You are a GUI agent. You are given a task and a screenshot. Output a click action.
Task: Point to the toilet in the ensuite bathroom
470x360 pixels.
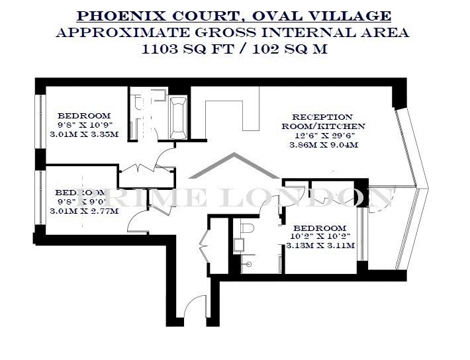[x=248, y=228]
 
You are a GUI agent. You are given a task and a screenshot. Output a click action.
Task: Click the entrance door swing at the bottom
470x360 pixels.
[x=195, y=305]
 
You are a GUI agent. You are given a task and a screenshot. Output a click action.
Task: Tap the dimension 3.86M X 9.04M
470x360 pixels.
[x=324, y=145]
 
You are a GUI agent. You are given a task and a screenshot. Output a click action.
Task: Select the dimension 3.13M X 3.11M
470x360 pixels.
[x=320, y=246]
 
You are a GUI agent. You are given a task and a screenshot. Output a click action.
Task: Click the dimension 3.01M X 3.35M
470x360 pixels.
[x=84, y=134]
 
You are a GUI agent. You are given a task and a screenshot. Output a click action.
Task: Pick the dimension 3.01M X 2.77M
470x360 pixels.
[x=84, y=211]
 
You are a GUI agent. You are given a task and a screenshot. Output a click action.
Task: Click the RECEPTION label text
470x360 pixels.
[x=322, y=117]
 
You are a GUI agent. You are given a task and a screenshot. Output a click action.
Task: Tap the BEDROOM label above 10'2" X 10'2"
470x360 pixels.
[x=320, y=228]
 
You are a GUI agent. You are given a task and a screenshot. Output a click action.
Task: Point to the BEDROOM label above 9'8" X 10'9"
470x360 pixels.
[x=84, y=116]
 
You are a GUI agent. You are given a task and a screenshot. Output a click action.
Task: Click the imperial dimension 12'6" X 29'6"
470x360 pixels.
[x=325, y=136]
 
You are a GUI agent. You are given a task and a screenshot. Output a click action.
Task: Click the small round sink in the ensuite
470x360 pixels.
[x=248, y=264]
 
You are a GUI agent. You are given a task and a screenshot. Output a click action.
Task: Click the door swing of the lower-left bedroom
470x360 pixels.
[x=136, y=221]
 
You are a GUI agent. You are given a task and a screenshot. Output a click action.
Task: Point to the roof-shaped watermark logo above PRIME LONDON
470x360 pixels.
[x=234, y=165]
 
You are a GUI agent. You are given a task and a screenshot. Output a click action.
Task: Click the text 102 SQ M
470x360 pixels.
[x=289, y=49]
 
